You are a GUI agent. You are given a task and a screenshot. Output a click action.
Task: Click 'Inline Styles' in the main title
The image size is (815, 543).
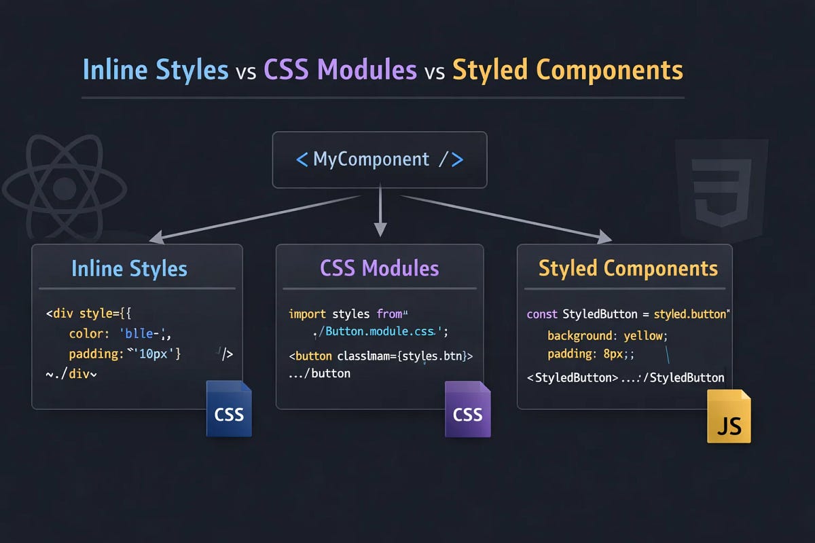pyautogui.click(x=155, y=71)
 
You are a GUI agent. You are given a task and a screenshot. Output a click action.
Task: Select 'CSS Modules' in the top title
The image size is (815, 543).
pyautogui.click(x=340, y=71)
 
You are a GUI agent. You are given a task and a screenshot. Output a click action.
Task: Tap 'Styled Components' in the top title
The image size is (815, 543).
pyautogui.click(x=568, y=71)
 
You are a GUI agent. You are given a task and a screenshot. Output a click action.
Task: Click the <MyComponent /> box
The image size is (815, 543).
pyautogui.click(x=380, y=160)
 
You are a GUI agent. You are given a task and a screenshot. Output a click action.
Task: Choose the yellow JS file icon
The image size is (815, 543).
pyautogui.click(x=729, y=417)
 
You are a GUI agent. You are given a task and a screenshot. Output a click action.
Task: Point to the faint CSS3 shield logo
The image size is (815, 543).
pyautogui.click(x=721, y=183)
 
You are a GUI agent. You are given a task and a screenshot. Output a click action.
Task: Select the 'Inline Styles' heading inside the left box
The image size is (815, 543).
pyautogui.click(x=129, y=268)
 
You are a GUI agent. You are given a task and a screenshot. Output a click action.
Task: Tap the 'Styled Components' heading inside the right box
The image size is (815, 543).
pyautogui.click(x=628, y=268)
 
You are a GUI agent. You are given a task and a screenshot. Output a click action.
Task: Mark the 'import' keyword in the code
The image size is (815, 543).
pyautogui.click(x=307, y=314)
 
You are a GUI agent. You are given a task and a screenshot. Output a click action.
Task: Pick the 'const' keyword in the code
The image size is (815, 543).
pyautogui.click(x=542, y=314)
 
